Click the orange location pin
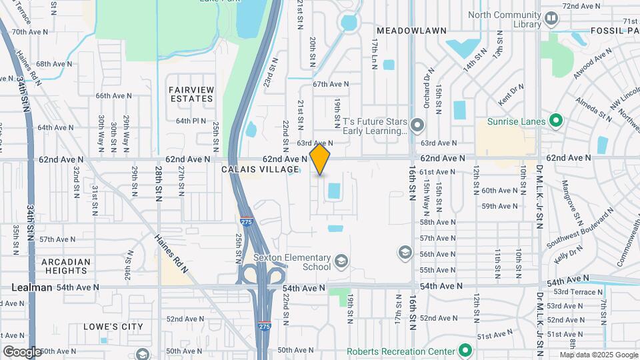coord(320,159)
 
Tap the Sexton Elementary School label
coord(293,262)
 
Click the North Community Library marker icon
coord(551,19)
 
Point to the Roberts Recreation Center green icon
coord(465,351)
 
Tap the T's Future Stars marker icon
coord(417,125)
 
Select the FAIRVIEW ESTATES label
coord(191,94)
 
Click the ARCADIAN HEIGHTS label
coord(66,266)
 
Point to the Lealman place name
coord(32,287)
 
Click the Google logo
coord(21,352)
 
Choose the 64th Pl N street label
coord(191,121)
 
